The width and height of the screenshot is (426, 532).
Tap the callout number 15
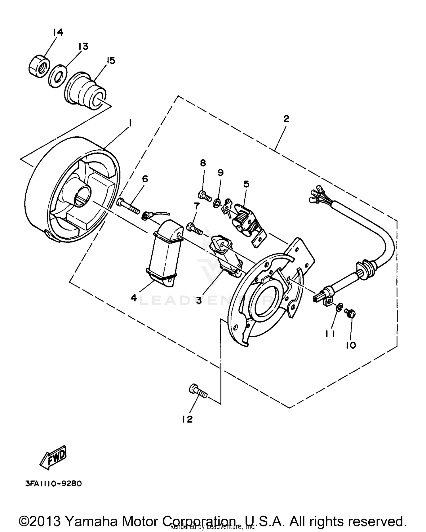tap(110, 60)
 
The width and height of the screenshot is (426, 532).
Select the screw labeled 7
tap(194, 229)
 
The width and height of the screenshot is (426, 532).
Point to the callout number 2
tap(286, 119)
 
